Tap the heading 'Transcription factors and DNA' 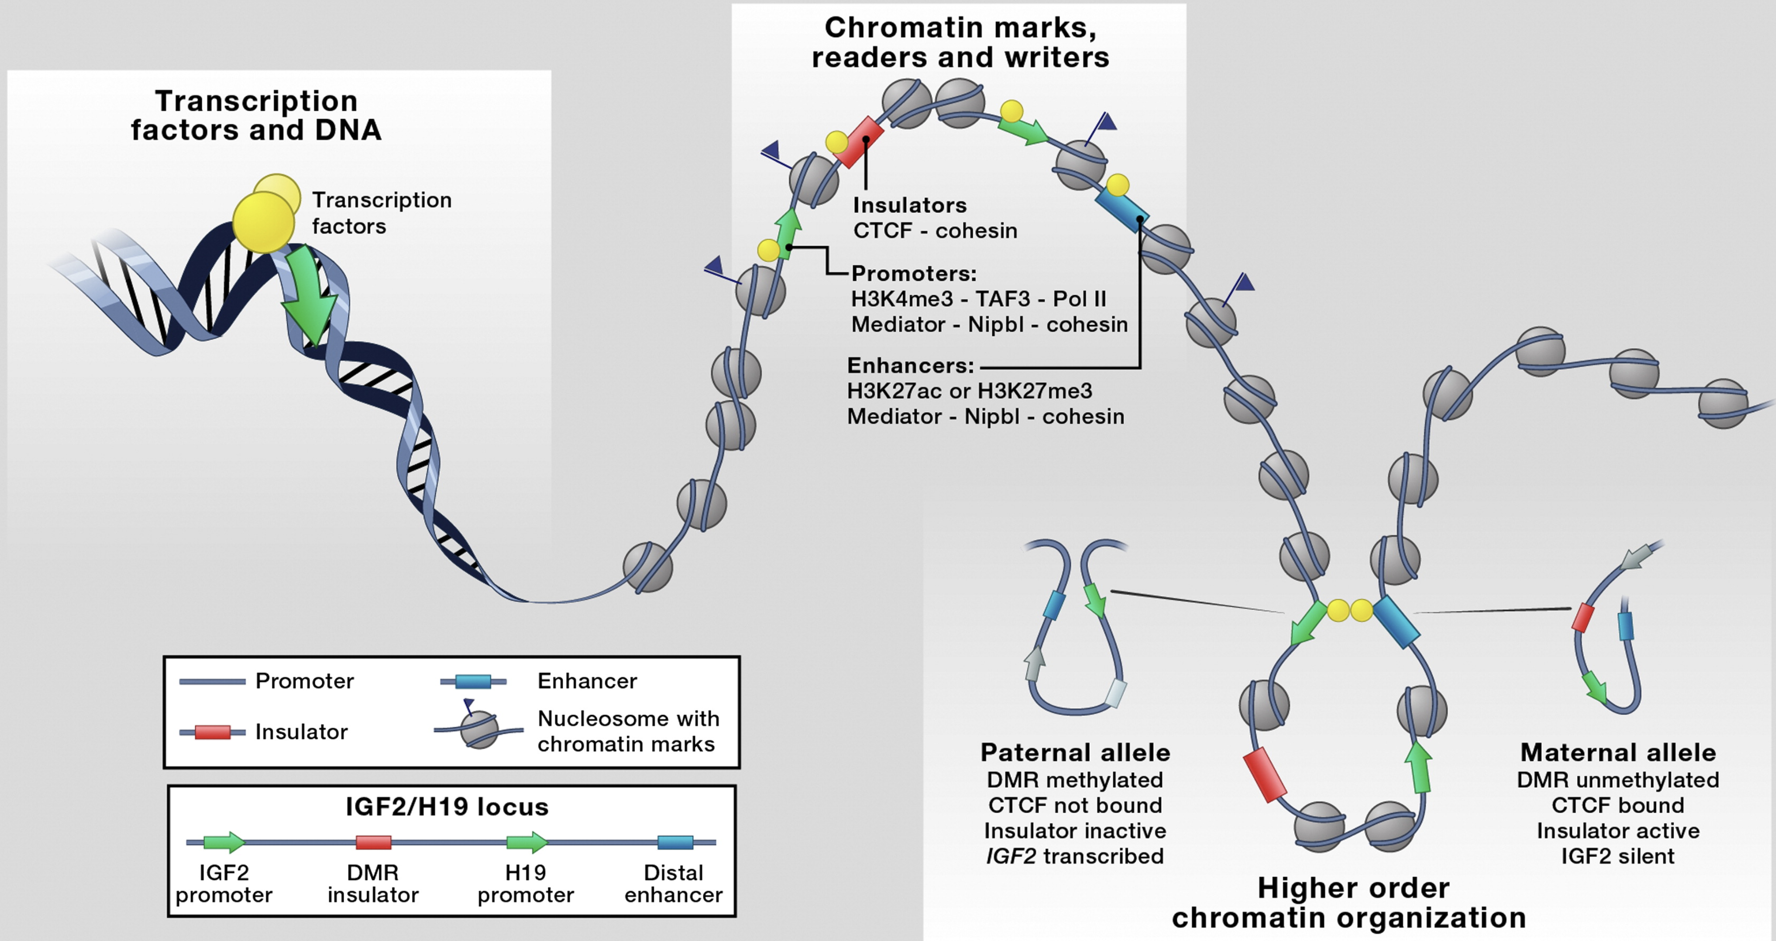pos(256,115)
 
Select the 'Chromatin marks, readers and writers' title pos(960,42)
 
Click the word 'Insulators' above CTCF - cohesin pos(909,205)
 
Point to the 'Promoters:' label pos(914,273)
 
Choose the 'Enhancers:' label pos(910,365)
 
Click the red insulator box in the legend pos(212,731)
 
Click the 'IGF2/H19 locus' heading pos(447,807)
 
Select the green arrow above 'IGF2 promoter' pos(224,842)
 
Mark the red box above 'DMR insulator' pos(373,842)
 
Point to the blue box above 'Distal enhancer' pos(675,842)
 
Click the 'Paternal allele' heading pos(1075,752)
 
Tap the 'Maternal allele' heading pos(1617,752)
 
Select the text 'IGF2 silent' pos(1617,856)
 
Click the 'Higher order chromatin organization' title pos(1349,903)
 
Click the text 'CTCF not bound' pos(1075,805)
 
